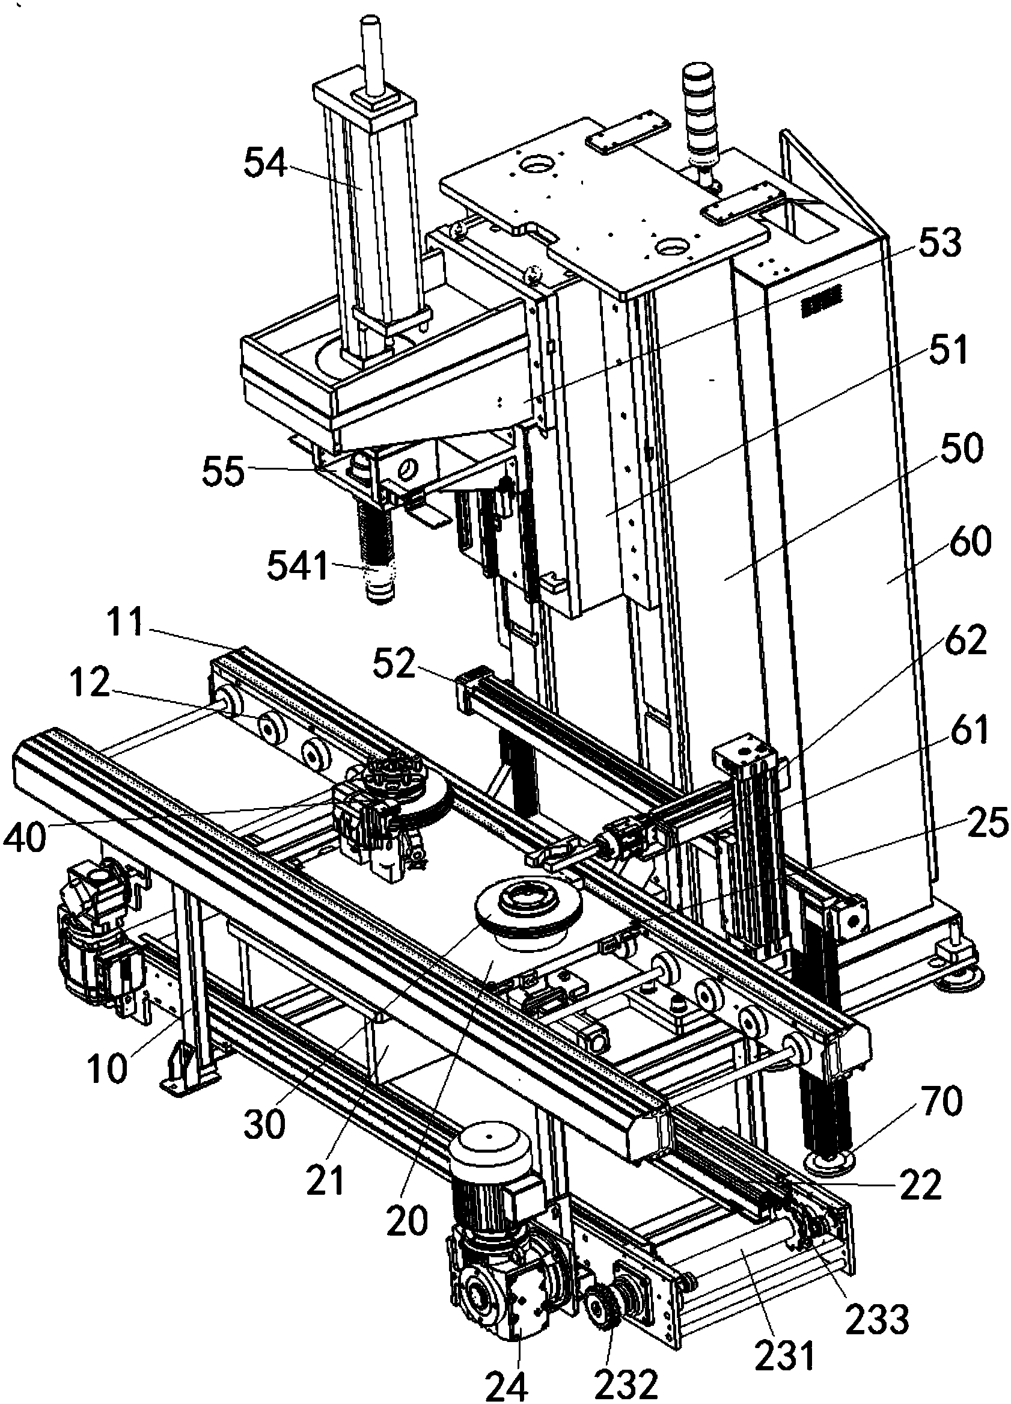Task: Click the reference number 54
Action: click(265, 164)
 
